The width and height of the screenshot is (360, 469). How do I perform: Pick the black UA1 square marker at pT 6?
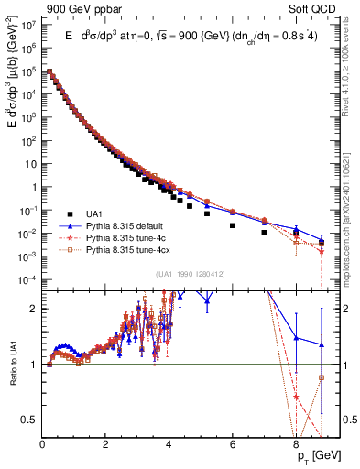pos(233,225)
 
